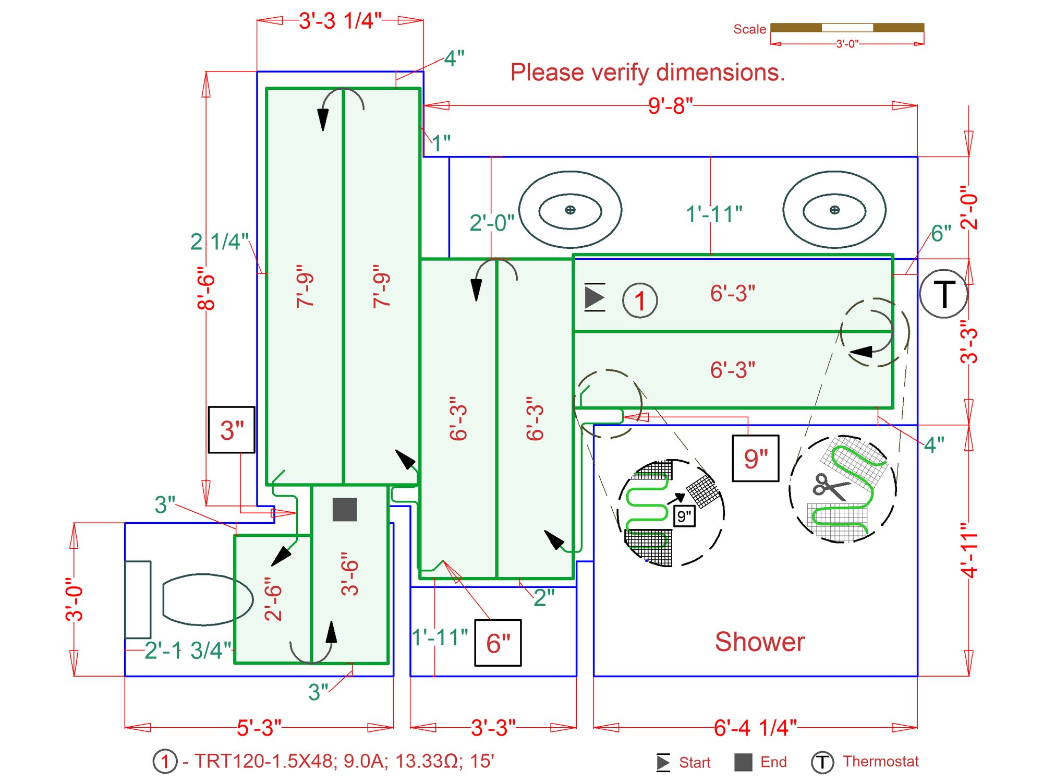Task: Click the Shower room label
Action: [759, 642]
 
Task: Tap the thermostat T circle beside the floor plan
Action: [943, 294]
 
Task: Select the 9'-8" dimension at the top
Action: [670, 106]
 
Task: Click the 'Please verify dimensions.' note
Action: [647, 72]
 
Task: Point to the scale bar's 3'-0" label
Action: [847, 44]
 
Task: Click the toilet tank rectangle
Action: [138, 599]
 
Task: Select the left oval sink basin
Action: [570, 210]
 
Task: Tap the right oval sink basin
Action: [834, 210]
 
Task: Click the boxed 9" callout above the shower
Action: [756, 458]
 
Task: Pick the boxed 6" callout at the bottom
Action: [498, 643]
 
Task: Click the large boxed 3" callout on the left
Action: [232, 430]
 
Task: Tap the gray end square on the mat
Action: [345, 509]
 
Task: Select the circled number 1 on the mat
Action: [640, 300]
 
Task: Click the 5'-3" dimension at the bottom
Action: [259, 727]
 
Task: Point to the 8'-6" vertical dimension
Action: [206, 288]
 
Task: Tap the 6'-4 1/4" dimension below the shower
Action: [755, 727]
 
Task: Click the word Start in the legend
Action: [695, 763]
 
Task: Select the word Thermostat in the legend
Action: [881, 762]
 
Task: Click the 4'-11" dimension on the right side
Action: [969, 550]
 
